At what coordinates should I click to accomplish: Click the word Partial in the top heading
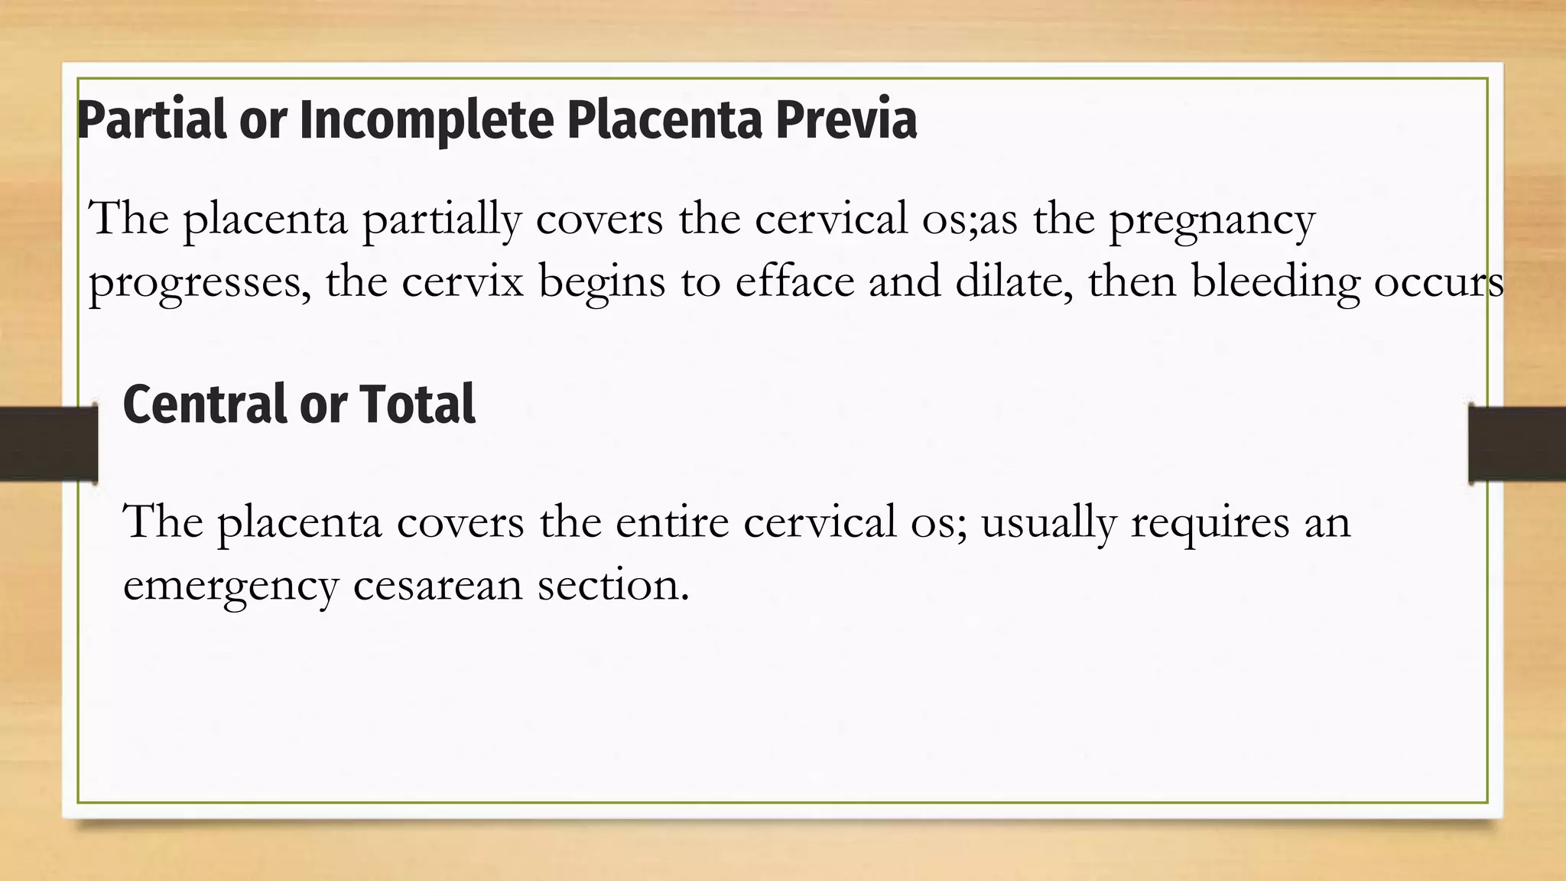tap(152, 121)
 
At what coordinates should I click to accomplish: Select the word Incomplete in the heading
tap(426, 121)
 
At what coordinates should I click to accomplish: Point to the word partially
tap(441, 219)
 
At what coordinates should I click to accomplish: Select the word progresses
tap(200, 283)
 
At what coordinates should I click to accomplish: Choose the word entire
tap(672, 522)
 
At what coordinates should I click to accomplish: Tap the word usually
tap(1048, 524)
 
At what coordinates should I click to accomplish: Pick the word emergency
tap(230, 587)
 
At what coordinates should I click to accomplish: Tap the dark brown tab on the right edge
tap(1517, 444)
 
